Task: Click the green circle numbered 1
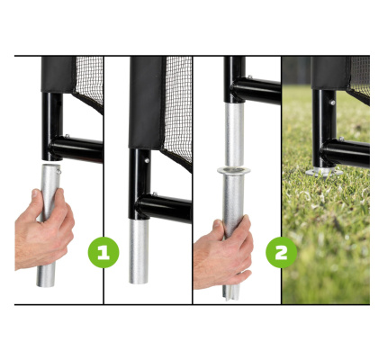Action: tap(104, 252)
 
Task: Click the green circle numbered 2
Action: tap(281, 252)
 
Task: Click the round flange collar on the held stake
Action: tap(234, 171)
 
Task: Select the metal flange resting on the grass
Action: tap(324, 172)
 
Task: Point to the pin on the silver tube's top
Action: tap(59, 172)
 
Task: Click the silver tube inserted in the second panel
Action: tap(139, 251)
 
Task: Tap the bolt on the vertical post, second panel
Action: tap(147, 160)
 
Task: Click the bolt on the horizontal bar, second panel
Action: tap(155, 194)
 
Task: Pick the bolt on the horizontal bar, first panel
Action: tap(68, 136)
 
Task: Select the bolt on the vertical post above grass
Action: tap(332, 103)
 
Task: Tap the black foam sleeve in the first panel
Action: tap(59, 74)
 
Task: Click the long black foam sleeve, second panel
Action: tap(147, 102)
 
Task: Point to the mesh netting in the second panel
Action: tap(179, 105)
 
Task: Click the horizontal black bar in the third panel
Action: tap(258, 91)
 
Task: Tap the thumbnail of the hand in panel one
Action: tap(35, 193)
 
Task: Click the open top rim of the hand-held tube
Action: tap(50, 166)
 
